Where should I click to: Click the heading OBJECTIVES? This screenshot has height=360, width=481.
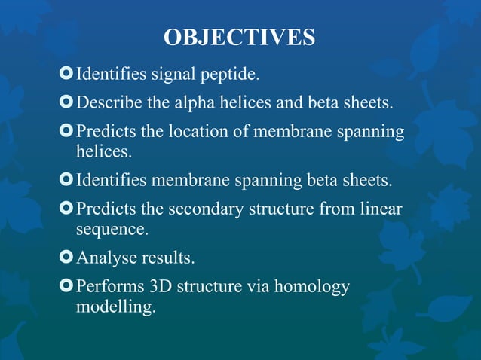coord(240,38)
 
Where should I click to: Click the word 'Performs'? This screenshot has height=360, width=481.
coord(110,286)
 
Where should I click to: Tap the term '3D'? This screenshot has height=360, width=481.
coord(163,286)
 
